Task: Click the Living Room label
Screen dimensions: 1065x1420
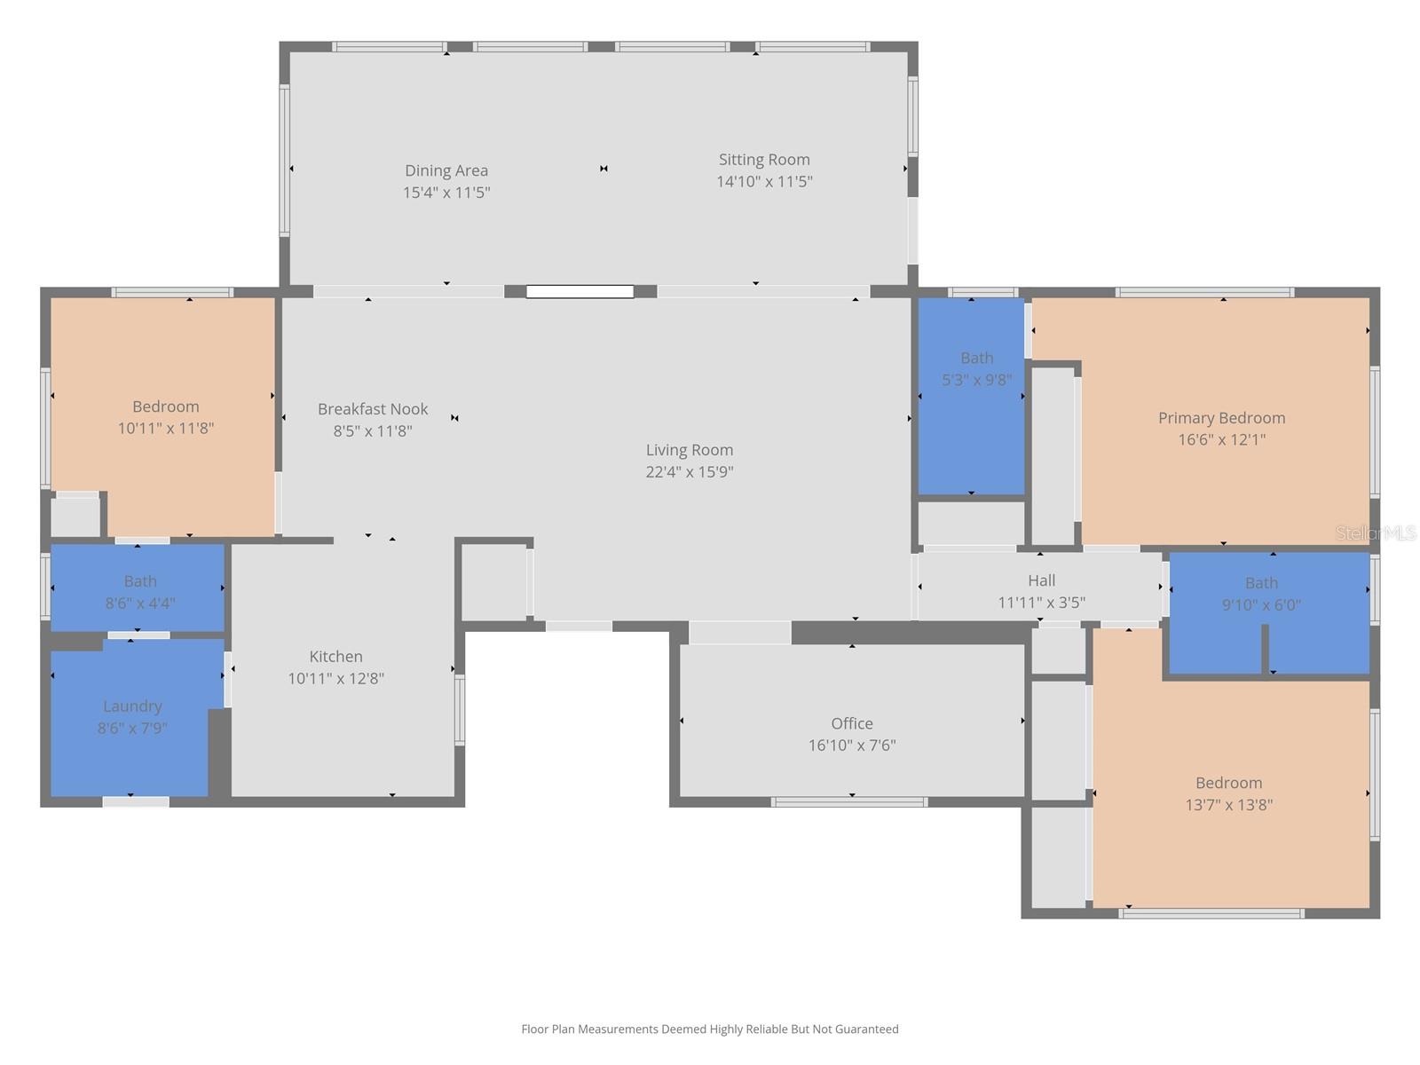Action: [690, 450]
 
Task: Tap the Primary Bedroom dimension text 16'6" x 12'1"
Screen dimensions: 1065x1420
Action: [1221, 439]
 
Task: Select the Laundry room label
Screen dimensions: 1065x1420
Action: [132, 706]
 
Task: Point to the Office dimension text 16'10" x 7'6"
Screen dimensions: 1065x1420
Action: [851, 745]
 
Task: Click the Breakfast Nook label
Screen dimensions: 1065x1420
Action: [373, 409]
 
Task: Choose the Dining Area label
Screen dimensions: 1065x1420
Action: [446, 170]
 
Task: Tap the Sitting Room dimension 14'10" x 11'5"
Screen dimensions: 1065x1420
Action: [764, 182]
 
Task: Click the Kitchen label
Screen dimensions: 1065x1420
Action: [335, 657]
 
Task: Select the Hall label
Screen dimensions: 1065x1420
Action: [1041, 580]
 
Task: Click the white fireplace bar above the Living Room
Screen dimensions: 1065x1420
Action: [580, 291]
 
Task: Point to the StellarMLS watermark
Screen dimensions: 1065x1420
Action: [1375, 533]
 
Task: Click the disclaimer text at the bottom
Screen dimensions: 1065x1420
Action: [709, 1029]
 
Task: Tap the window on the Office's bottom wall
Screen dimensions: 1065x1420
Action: [849, 802]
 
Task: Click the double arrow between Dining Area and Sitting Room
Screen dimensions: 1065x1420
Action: [603, 169]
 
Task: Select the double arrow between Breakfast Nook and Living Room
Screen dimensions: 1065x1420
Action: [454, 418]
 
